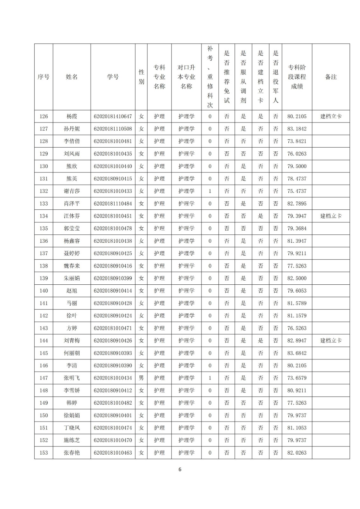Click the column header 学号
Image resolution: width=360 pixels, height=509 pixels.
pyautogui.click(x=113, y=77)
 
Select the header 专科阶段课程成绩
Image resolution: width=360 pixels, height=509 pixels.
pyautogui.click(x=297, y=77)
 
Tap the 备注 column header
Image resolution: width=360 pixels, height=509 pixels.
pyautogui.click(x=331, y=77)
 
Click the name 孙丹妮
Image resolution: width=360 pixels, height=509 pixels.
pyautogui.click(x=72, y=129)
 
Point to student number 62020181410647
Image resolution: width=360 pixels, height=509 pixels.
pyautogui.click(x=113, y=116)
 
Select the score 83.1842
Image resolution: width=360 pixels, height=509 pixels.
pyautogui.click(x=297, y=129)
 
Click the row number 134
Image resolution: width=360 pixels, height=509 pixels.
pyautogui.click(x=44, y=216)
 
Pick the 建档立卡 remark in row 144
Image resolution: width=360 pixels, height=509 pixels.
pyautogui.click(x=331, y=341)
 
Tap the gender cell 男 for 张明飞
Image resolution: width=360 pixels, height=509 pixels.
pyautogui.click(x=141, y=378)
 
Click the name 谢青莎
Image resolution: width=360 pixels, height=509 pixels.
pyautogui.click(x=72, y=191)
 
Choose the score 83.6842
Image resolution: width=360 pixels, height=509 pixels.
pyautogui.click(x=297, y=353)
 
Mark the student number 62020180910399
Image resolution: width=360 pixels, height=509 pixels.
pyautogui.click(x=113, y=278)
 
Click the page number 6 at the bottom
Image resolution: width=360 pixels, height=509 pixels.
pyautogui.click(x=180, y=470)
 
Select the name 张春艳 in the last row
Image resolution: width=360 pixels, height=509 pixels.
pyautogui.click(x=72, y=453)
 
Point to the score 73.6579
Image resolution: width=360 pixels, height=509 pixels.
pyautogui.click(x=297, y=378)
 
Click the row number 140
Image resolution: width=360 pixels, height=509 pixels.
pyautogui.click(x=44, y=291)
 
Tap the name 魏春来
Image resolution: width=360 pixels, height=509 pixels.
pyautogui.click(x=72, y=266)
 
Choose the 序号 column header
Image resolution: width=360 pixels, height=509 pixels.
pyautogui.click(x=44, y=77)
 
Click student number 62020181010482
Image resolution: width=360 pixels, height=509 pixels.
pyautogui.click(x=113, y=403)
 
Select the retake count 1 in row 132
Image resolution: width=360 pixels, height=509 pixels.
pyautogui.click(x=210, y=191)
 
